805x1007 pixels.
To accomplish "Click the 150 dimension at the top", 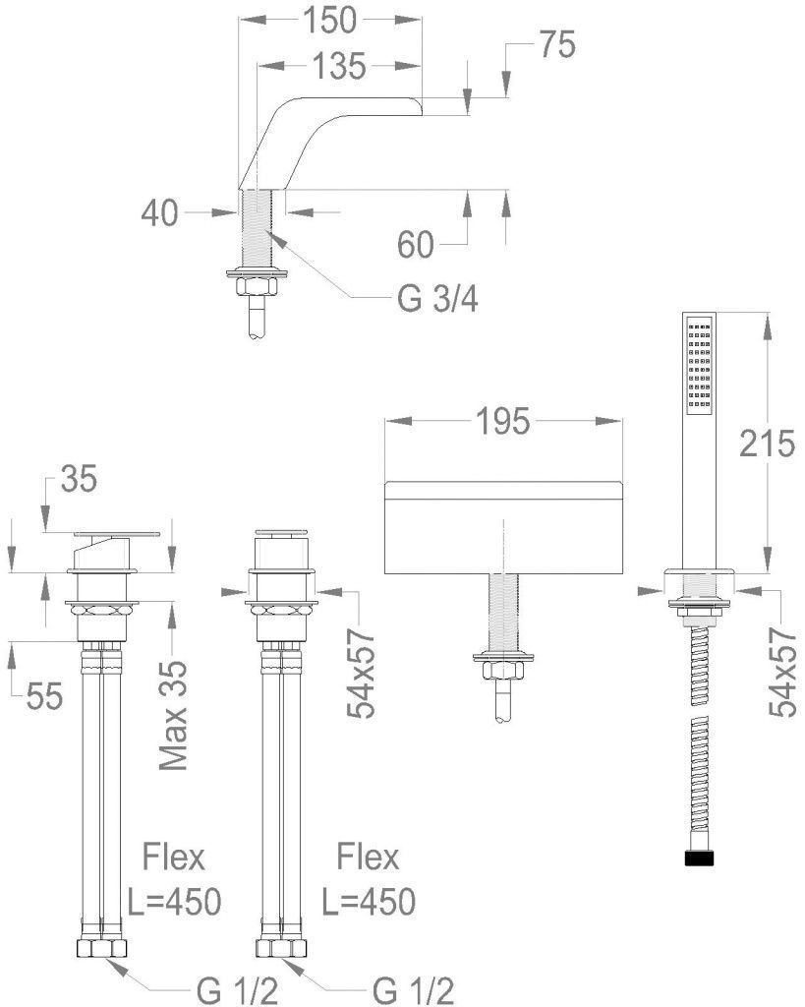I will [x=330, y=20].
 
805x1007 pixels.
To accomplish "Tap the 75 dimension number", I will [x=555, y=45].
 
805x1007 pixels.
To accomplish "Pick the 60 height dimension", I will [x=416, y=243].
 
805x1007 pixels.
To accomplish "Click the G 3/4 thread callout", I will [x=437, y=299].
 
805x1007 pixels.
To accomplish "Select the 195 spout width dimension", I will [x=502, y=422].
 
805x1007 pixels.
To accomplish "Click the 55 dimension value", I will [x=44, y=696].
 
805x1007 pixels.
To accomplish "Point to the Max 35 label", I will [x=174, y=710].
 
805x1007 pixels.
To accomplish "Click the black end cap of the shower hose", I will [x=697, y=859].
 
